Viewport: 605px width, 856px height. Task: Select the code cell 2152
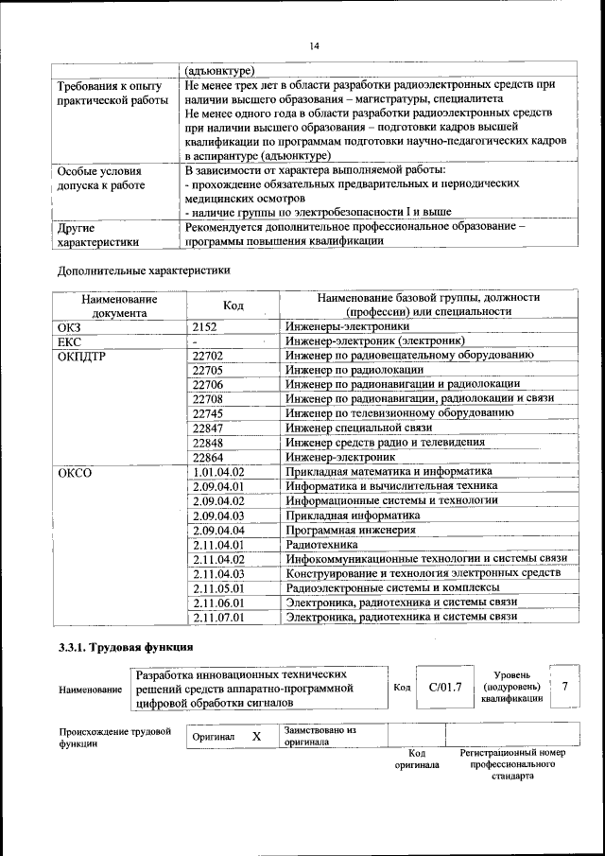206,326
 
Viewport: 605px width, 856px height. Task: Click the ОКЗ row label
70,326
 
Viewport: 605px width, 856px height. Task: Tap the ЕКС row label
70,341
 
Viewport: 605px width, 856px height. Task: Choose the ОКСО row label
75,471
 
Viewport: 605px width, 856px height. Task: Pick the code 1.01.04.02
218,471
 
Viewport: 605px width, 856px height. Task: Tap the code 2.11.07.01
218,617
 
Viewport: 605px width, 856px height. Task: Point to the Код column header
233,305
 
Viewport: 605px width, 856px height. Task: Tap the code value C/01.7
444,687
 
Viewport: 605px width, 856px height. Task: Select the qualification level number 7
564,687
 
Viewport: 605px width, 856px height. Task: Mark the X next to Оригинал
255,736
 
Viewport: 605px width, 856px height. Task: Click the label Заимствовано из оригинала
320,736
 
